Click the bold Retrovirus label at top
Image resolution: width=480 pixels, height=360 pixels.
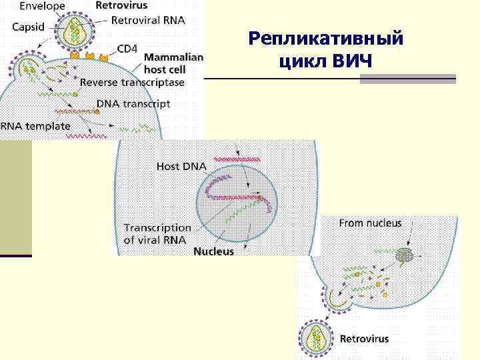122,5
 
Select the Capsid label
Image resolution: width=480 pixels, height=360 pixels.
27,28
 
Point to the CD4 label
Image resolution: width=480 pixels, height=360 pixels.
127,48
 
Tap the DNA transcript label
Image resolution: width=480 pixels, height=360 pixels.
133,104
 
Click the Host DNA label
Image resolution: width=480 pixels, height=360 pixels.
177,166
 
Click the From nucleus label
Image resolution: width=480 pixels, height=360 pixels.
370,223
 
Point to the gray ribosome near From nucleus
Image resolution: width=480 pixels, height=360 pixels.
404,255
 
